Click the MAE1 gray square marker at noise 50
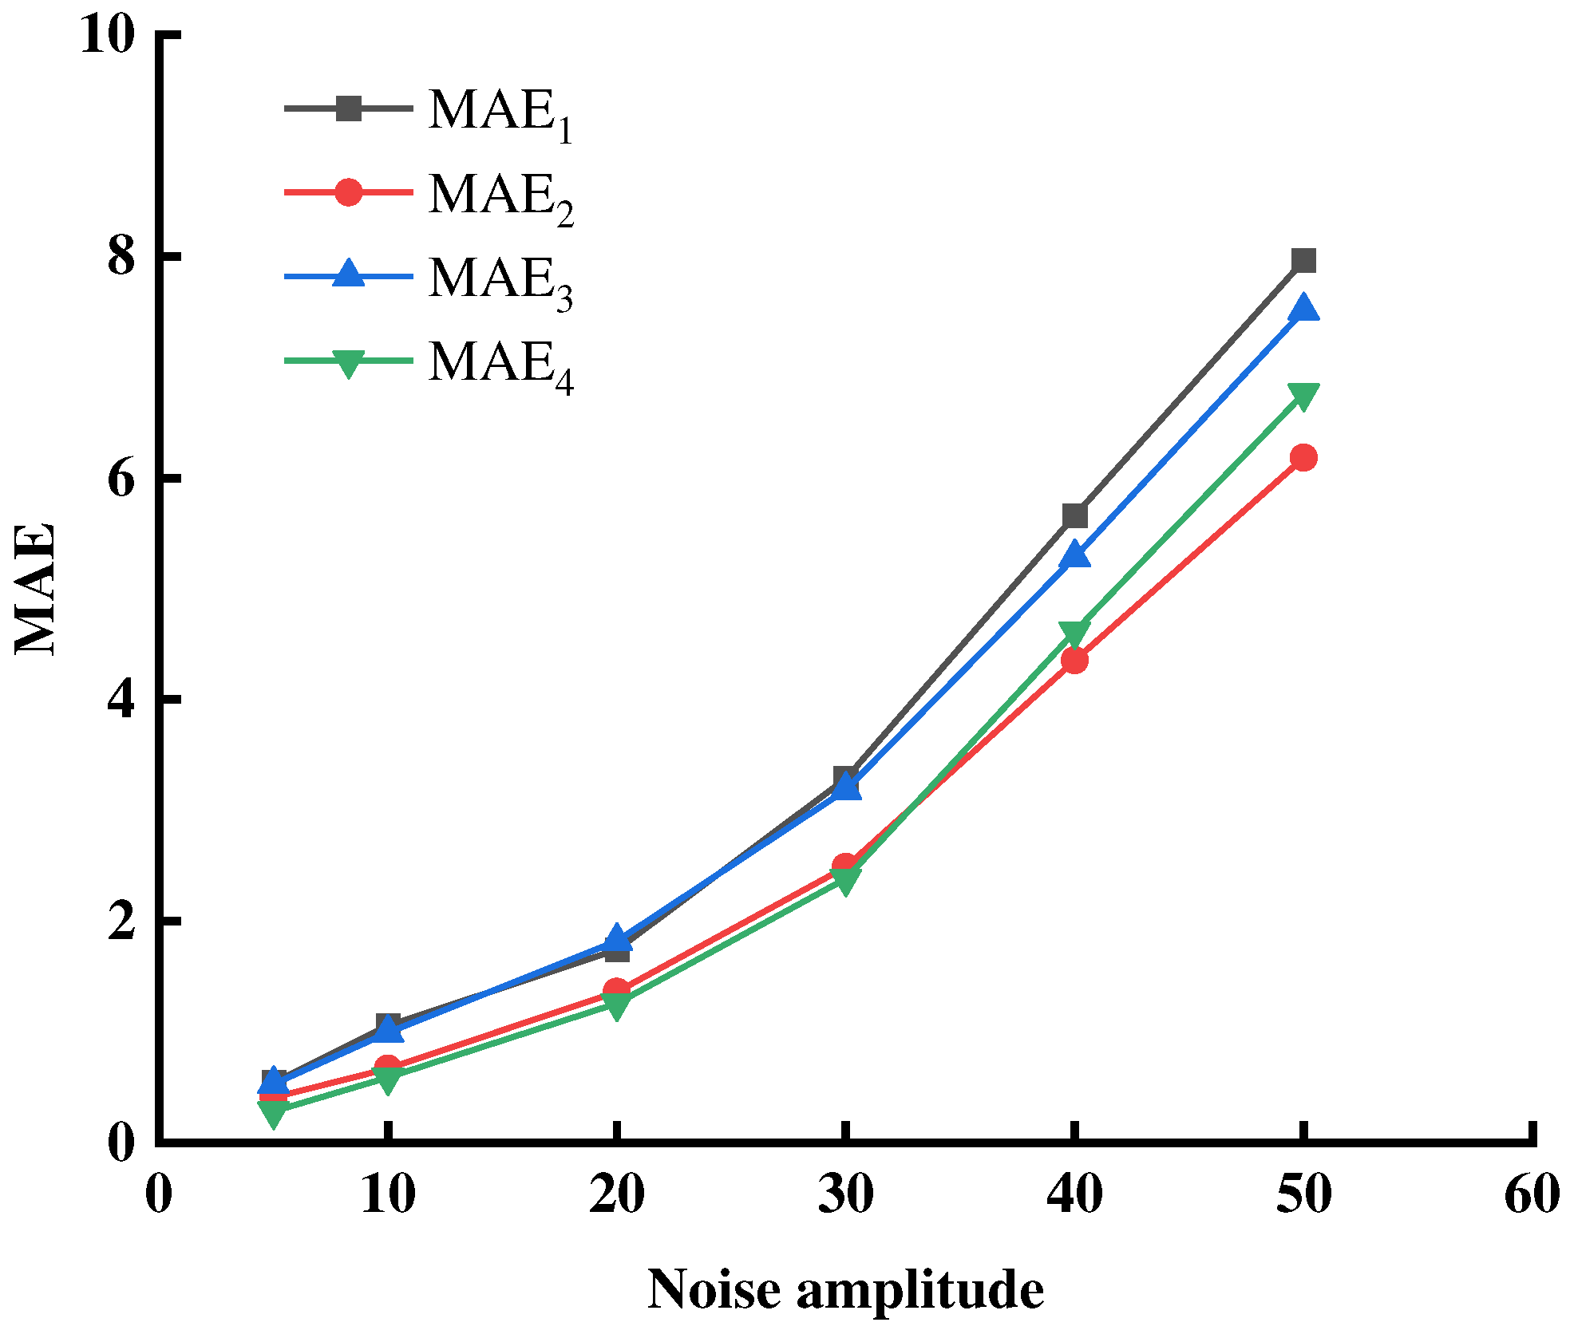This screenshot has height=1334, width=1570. pos(1303,261)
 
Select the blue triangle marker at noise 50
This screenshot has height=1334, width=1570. pos(1303,308)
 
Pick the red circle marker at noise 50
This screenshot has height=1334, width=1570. pos(1303,458)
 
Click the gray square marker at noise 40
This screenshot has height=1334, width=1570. pos(1074,515)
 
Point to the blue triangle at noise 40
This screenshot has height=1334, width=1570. pos(1074,555)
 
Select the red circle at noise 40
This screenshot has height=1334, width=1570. pos(1074,660)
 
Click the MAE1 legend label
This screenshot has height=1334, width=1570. pos(500,113)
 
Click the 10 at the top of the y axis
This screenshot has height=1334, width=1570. pos(106,36)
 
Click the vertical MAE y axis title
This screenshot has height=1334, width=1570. pos(36,589)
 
